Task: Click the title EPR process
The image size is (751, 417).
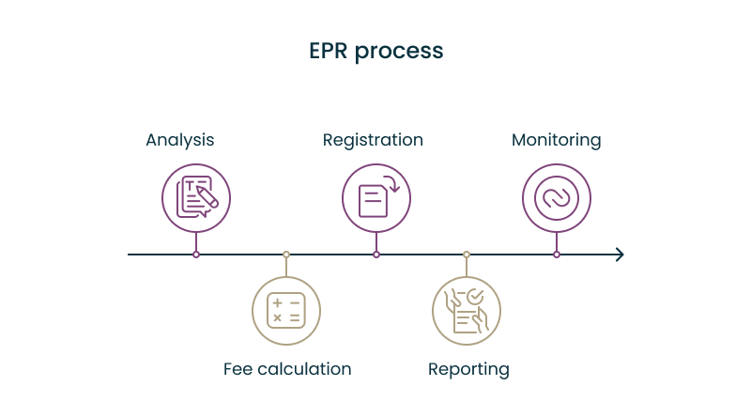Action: click(x=375, y=51)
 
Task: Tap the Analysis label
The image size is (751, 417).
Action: click(x=179, y=140)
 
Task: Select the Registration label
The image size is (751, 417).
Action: click(x=373, y=140)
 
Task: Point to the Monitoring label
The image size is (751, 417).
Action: click(x=556, y=140)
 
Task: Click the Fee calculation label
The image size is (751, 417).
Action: click(x=287, y=369)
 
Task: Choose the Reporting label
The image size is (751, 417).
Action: click(x=468, y=369)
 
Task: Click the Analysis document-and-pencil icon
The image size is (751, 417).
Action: click(x=196, y=197)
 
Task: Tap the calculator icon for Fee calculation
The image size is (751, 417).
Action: click(x=286, y=310)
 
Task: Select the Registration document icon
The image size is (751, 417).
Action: click(x=376, y=197)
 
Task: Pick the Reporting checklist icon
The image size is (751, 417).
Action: click(x=467, y=310)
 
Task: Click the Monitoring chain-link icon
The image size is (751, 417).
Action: click(x=557, y=197)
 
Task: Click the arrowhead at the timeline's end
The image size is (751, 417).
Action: click(x=619, y=255)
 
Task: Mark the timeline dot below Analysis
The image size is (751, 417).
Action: click(x=196, y=255)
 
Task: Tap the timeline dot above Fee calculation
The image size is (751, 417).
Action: click(x=286, y=255)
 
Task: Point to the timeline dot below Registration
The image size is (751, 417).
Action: click(x=376, y=255)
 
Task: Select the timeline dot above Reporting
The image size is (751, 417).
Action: click(x=467, y=255)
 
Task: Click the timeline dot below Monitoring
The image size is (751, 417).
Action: click(x=557, y=255)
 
